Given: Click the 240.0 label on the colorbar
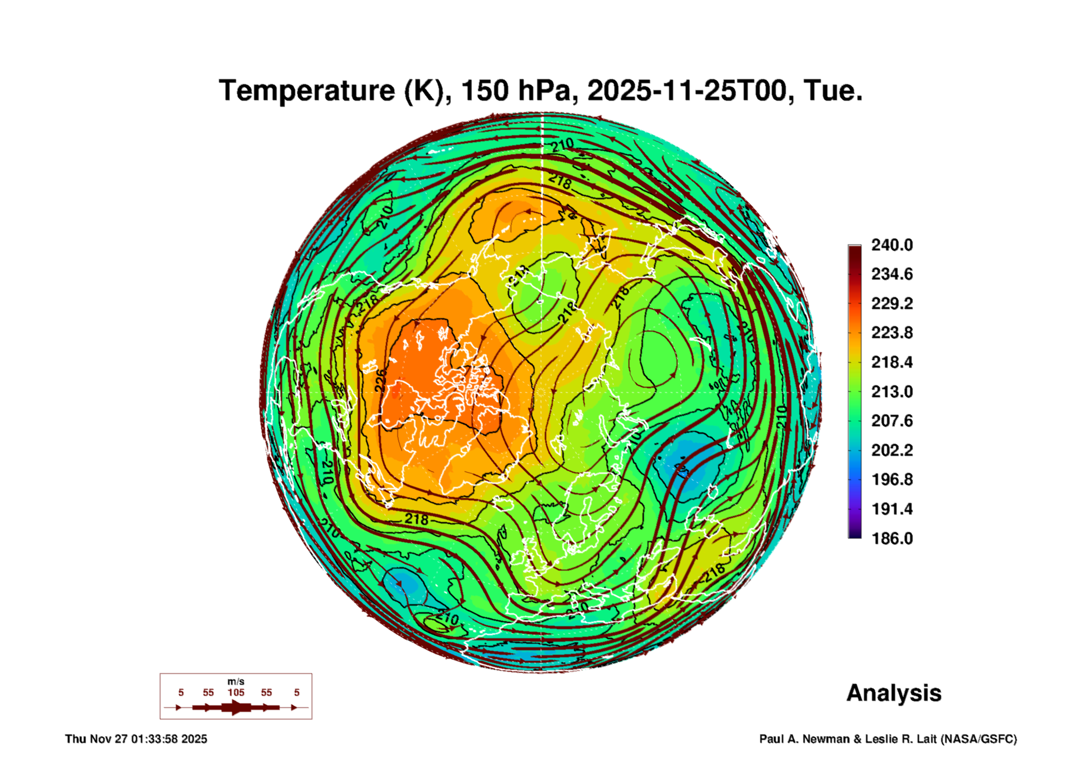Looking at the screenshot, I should click(x=892, y=245).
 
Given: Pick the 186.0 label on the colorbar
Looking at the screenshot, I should click(x=892, y=539).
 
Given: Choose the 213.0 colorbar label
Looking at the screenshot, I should click(x=892, y=392).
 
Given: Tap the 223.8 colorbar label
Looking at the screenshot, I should click(x=892, y=333).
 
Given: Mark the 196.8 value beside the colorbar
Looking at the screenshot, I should click(x=892, y=480).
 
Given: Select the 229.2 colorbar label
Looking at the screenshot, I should click(x=892, y=304).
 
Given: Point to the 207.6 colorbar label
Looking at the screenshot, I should click(x=892, y=421).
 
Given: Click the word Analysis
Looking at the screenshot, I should click(x=894, y=693).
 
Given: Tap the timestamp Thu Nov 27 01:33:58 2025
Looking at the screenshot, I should click(x=136, y=739).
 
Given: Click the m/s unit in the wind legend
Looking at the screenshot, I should click(x=236, y=681).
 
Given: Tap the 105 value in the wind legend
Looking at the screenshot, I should click(x=236, y=692).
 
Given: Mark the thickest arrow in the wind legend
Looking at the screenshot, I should click(x=236, y=707).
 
